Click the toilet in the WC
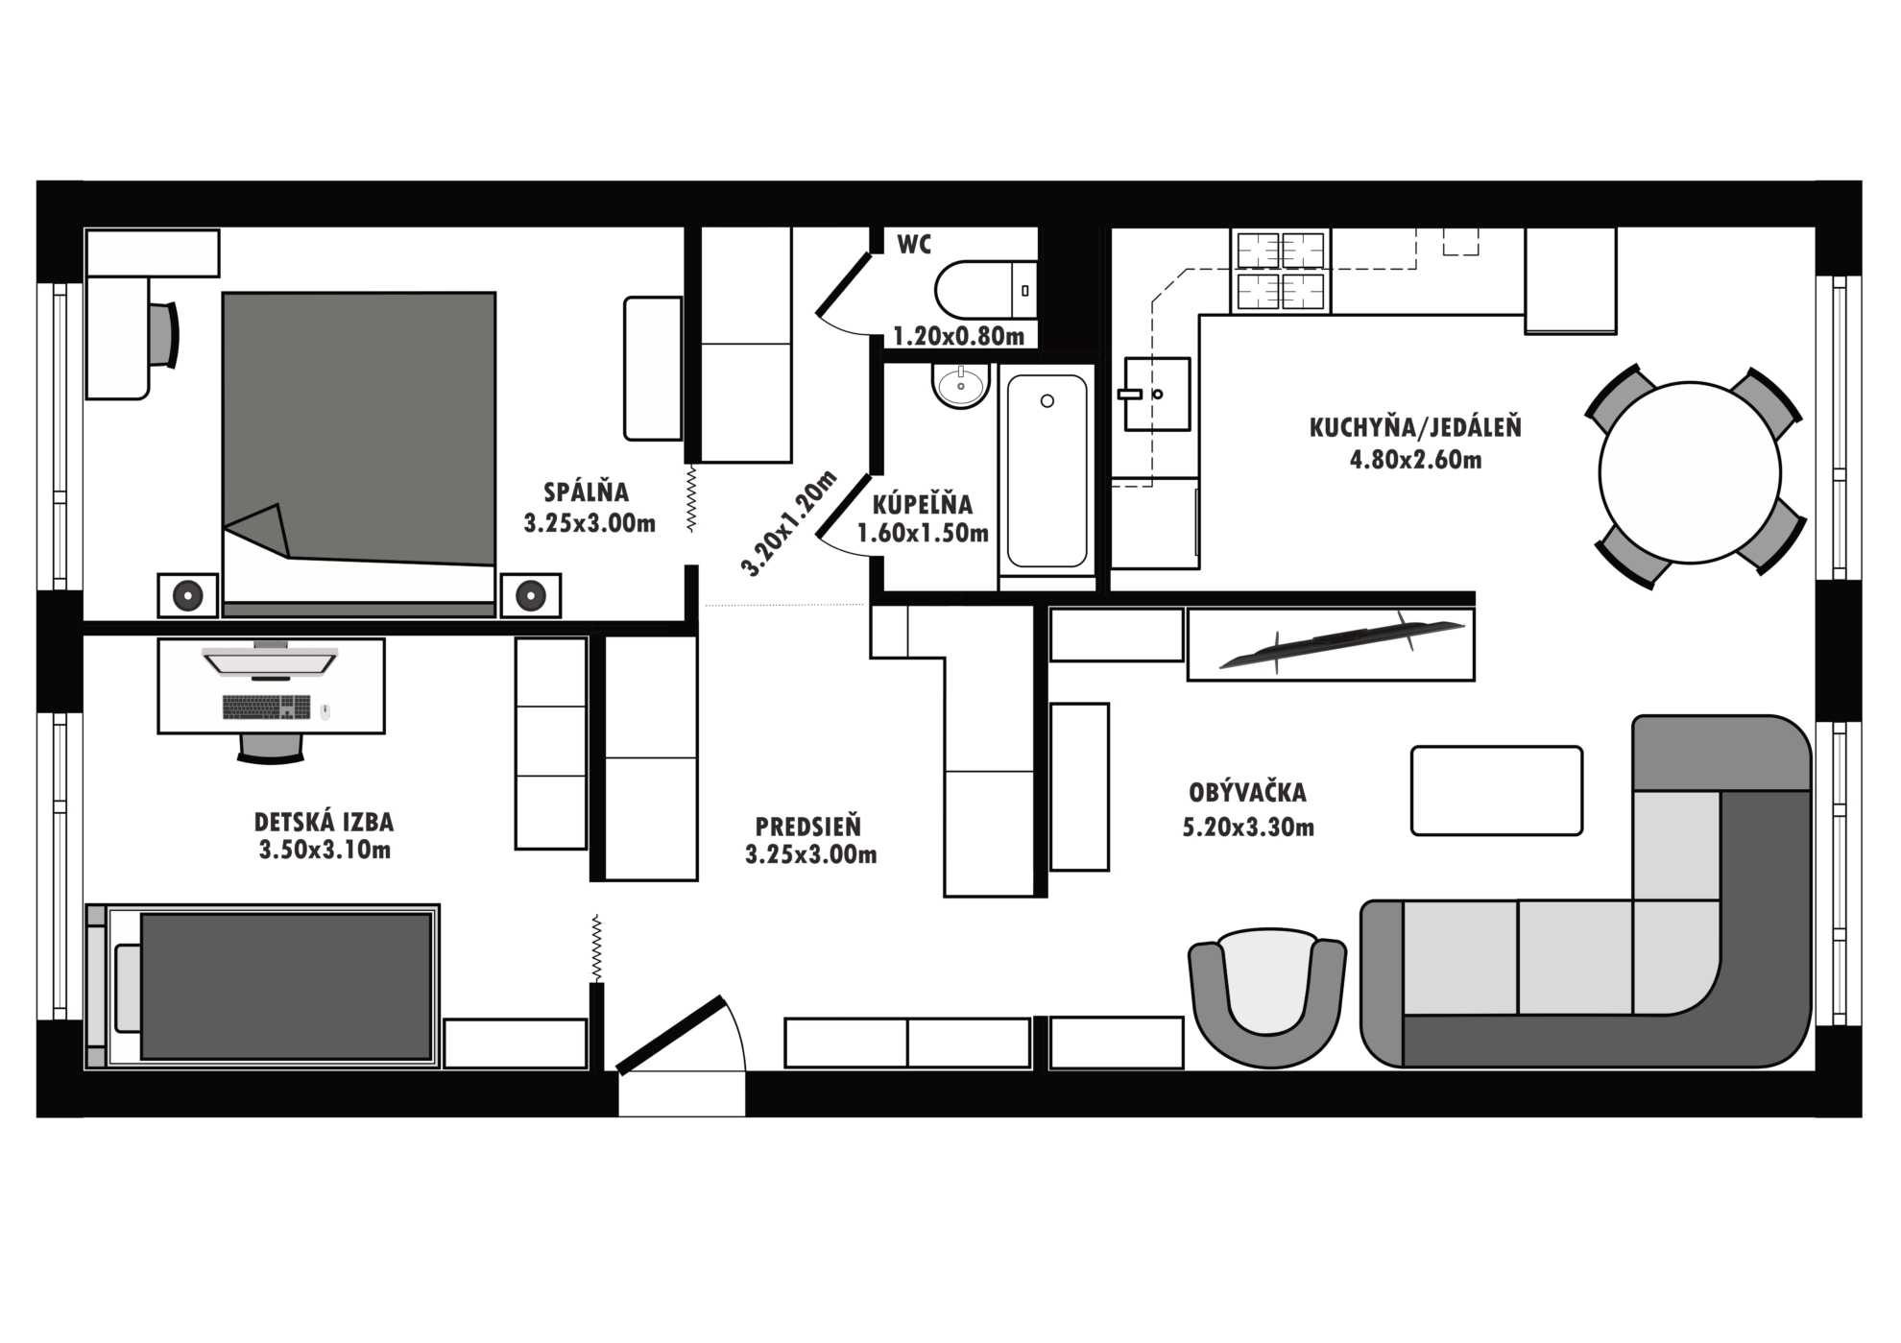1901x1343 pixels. [x=986, y=290]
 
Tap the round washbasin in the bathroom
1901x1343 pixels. [x=959, y=386]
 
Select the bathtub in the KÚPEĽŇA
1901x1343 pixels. [x=1047, y=471]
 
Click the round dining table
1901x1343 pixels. [x=1690, y=472]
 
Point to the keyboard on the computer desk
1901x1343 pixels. [x=267, y=707]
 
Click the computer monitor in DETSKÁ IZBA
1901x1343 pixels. [x=270, y=661]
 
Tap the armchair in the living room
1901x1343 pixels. [x=1267, y=997]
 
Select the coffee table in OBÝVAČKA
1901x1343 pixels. [x=1497, y=791]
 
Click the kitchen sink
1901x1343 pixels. [x=1157, y=394]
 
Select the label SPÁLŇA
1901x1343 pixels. [x=587, y=492]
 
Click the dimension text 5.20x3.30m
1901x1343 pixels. [x=1248, y=827]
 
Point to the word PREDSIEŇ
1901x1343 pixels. [x=808, y=826]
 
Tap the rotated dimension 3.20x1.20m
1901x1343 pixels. [x=788, y=523]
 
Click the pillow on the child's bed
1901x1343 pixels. [x=128, y=987]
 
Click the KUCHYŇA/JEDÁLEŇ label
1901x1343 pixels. [x=1415, y=427]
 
